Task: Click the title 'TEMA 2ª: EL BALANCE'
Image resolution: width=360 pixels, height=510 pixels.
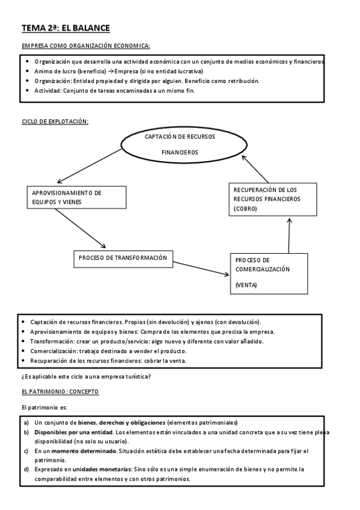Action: pyautogui.click(x=66, y=28)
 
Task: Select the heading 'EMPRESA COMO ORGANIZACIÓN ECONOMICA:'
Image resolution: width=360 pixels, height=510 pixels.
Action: pyautogui.click(x=86, y=46)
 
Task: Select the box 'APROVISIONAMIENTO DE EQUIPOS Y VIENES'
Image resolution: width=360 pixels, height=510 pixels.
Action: pyautogui.click(x=76, y=198)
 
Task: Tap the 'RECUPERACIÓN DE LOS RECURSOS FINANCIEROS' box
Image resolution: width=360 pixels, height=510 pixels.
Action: pyautogui.click(x=273, y=198)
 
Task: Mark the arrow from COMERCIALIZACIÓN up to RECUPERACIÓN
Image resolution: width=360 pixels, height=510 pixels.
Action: pyautogui.click(x=289, y=235)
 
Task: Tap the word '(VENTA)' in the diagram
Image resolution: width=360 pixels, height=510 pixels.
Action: pyautogui.click(x=246, y=284)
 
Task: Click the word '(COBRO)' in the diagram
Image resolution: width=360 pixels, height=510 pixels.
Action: pyautogui.click(x=245, y=208)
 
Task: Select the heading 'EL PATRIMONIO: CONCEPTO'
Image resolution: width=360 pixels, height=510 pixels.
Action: pyautogui.click(x=60, y=392)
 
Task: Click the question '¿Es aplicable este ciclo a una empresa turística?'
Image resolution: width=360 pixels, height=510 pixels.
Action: pyautogui.click(x=87, y=377)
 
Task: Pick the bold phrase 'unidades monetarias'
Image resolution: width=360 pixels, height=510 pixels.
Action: pyautogui.click(x=99, y=469)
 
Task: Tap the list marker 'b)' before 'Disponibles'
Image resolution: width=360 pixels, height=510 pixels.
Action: pyautogui.click(x=26, y=432)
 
